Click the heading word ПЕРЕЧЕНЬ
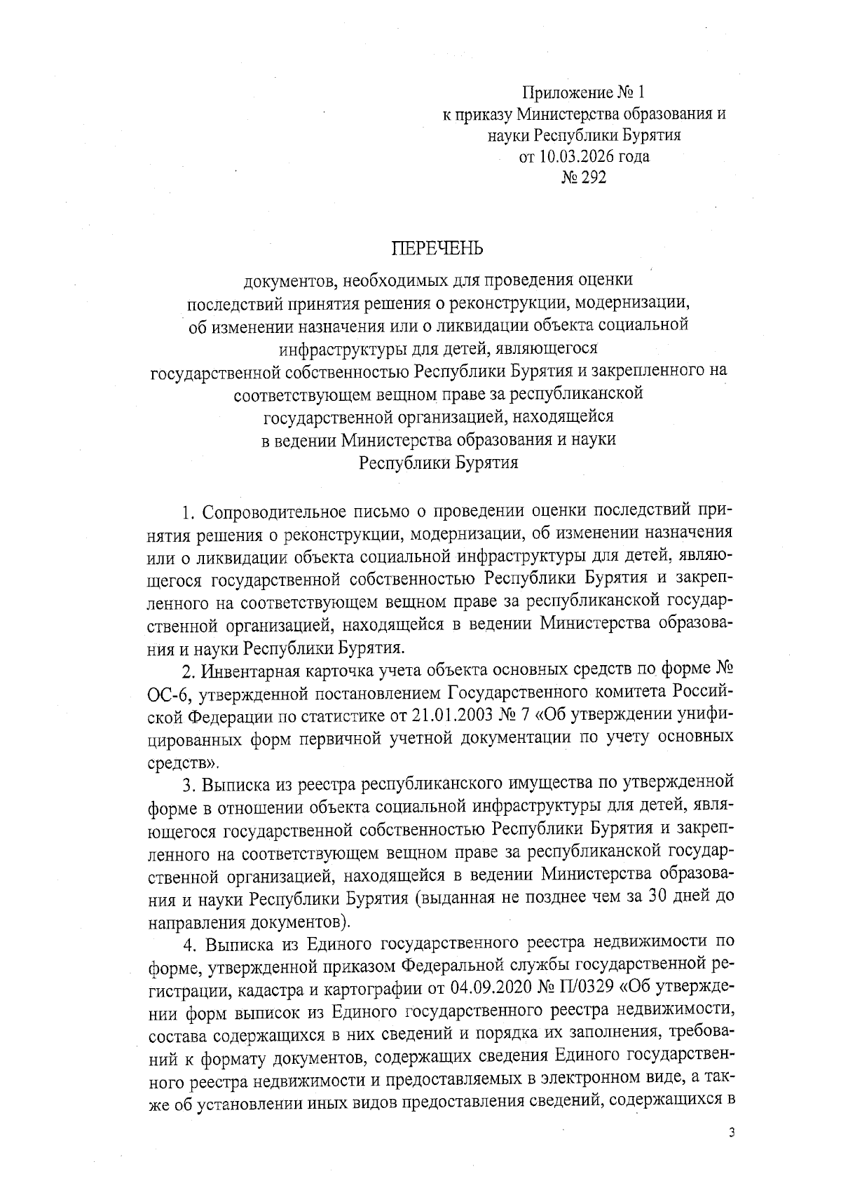437,248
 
